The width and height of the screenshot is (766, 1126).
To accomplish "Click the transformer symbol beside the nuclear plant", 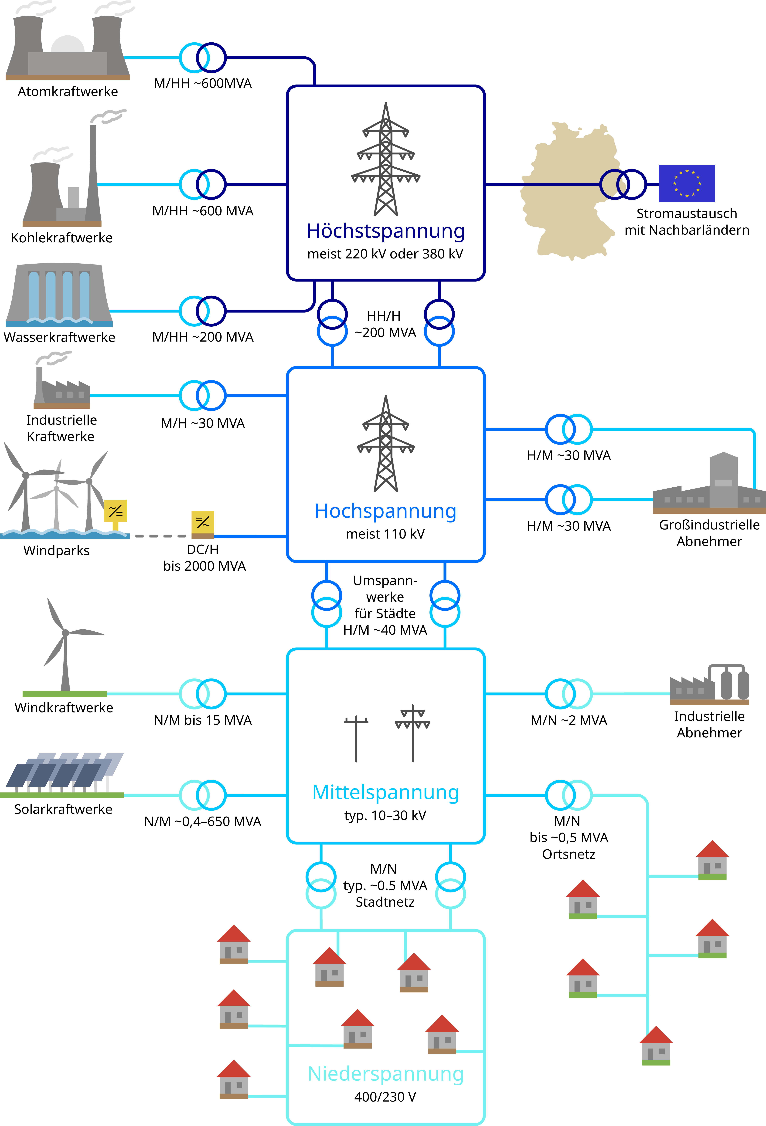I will [203, 58].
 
